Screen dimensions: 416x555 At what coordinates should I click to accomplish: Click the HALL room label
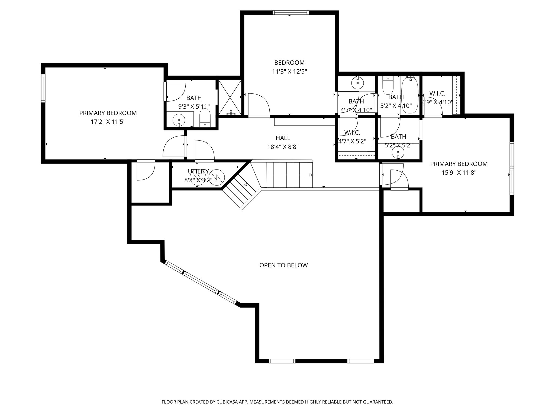click(283, 138)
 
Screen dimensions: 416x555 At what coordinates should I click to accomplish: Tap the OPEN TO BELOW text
click(283, 265)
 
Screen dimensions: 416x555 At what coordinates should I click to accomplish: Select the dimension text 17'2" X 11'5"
click(108, 122)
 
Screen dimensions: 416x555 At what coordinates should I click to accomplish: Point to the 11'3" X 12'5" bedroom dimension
click(289, 72)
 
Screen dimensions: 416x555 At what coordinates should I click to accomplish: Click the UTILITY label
click(198, 171)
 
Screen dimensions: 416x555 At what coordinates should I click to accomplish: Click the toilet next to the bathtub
click(388, 85)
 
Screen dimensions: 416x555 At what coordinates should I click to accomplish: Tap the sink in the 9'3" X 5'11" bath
click(179, 119)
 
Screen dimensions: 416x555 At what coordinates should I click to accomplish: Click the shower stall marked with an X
click(230, 97)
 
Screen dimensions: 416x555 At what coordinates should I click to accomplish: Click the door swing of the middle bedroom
click(259, 104)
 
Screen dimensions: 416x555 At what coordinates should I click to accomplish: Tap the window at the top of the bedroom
click(291, 12)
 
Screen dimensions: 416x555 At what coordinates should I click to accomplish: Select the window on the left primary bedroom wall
click(43, 88)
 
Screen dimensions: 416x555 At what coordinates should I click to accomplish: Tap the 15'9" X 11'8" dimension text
click(459, 173)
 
